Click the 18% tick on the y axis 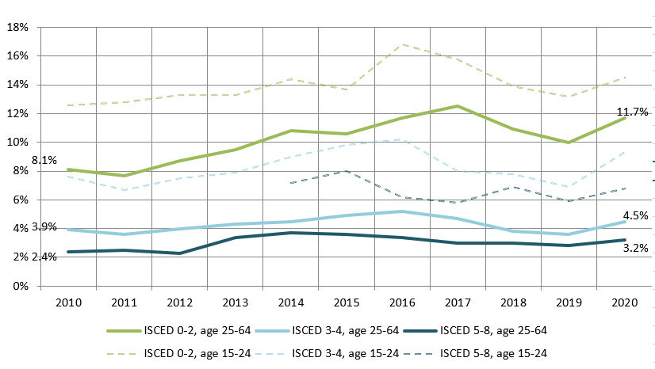point(17,27)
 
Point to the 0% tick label point(21,286)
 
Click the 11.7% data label point(632,112)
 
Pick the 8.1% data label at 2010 point(44,160)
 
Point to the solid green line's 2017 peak point(457,106)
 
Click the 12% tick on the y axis point(17,113)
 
